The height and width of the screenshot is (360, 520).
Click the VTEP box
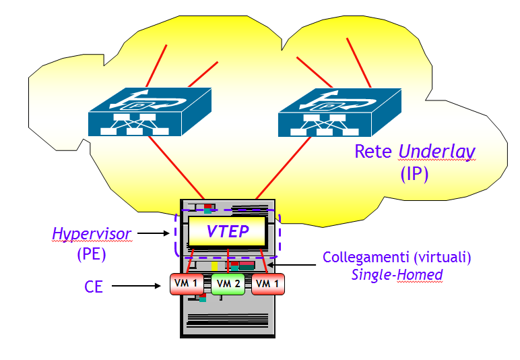pos(228,233)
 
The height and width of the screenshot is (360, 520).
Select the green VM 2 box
pos(227,284)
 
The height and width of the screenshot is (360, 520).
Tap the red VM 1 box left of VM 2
pos(187,284)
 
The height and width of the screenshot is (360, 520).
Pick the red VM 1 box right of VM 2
pos(267,284)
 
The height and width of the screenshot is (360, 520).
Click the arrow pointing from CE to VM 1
pos(139,287)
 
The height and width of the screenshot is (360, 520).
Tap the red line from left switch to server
pos(174,165)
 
